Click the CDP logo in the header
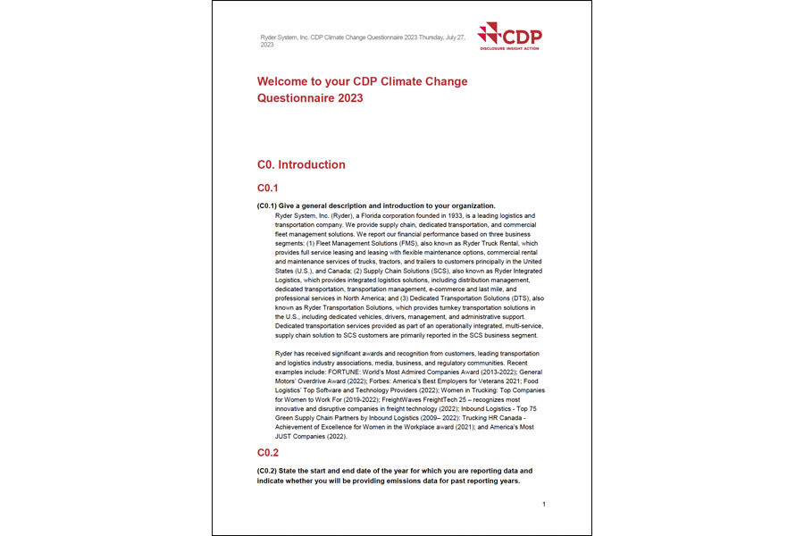tap(509, 36)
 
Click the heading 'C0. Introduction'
tap(301, 164)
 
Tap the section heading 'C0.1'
tap(268, 188)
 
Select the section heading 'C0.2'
tap(268, 453)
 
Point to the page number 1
tap(543, 505)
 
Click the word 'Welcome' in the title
tap(285, 81)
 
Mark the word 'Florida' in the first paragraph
tap(356, 215)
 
